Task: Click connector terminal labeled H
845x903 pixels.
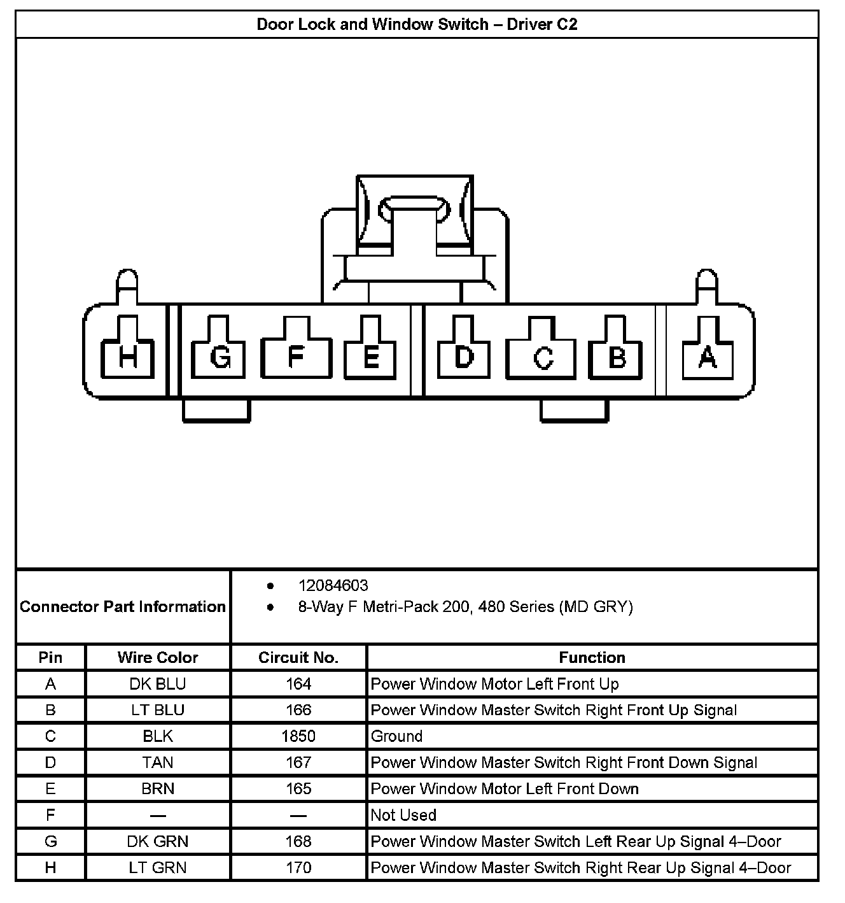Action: point(128,357)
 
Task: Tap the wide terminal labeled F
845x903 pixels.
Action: point(296,357)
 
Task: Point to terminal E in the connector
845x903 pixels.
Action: point(370,357)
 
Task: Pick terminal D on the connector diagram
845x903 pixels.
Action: point(464,357)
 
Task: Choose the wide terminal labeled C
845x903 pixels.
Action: point(541,358)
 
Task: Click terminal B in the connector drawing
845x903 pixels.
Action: point(616,357)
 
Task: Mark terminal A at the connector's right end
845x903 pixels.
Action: point(707,357)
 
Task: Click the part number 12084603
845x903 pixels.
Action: point(333,585)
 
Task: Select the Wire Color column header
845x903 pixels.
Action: point(158,657)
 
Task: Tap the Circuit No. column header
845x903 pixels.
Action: point(298,657)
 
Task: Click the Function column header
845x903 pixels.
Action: point(592,657)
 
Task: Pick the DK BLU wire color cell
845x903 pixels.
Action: point(158,684)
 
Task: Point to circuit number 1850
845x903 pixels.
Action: point(298,736)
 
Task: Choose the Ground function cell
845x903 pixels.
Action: point(396,736)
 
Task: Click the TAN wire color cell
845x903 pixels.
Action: point(158,762)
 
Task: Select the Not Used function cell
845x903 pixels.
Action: point(403,815)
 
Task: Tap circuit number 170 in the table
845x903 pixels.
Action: point(298,867)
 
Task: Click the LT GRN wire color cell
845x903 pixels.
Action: point(158,867)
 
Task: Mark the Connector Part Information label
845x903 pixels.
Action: point(123,606)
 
